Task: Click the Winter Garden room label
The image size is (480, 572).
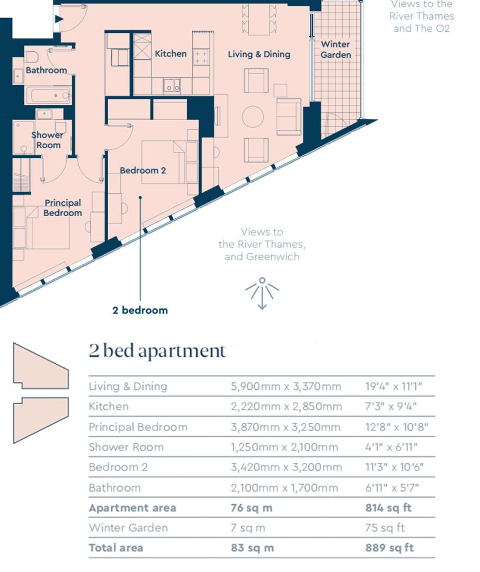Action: (335, 49)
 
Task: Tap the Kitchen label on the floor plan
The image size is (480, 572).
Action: (171, 53)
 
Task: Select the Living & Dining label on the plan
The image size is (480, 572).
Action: (259, 54)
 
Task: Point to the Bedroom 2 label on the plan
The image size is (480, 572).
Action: (143, 171)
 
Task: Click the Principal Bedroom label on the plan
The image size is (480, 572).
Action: (63, 208)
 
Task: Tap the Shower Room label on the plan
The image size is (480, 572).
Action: (47, 140)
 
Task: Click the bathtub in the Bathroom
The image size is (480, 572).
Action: (48, 96)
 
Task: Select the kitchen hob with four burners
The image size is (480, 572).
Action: (201, 57)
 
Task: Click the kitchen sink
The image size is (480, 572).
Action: (171, 85)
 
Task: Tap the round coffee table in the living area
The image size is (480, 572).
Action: (253, 117)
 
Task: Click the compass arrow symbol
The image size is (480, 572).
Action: (262, 293)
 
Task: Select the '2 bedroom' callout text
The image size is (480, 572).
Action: (140, 310)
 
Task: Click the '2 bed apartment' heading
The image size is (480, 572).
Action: (157, 351)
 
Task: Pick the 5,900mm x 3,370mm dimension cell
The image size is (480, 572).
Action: (286, 386)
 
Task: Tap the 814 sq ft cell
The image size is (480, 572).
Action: (388, 508)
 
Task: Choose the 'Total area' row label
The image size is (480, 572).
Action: (115, 548)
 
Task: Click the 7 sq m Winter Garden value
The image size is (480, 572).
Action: (248, 528)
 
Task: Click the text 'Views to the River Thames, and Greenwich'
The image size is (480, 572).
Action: (262, 244)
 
